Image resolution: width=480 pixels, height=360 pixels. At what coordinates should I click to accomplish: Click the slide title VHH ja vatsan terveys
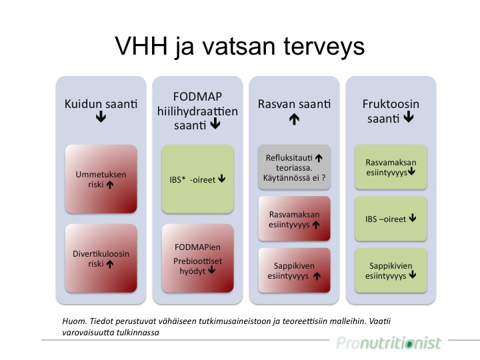pyautogui.click(x=240, y=47)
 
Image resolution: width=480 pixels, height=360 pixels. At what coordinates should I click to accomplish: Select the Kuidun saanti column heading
pyautogui.click(x=101, y=104)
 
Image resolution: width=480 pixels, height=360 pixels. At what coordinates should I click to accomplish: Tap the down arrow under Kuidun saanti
pyautogui.click(x=101, y=117)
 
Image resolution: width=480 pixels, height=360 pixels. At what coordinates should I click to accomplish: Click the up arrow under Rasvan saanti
pyautogui.click(x=294, y=119)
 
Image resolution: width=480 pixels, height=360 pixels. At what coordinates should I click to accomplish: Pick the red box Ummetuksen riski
pyautogui.click(x=101, y=179)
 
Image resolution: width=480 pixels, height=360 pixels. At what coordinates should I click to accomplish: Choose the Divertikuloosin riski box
pyautogui.click(x=101, y=259)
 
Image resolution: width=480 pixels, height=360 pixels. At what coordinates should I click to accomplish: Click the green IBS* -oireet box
pyautogui.click(x=198, y=179)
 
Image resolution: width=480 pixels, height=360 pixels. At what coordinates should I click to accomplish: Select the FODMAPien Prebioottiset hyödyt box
pyautogui.click(x=198, y=259)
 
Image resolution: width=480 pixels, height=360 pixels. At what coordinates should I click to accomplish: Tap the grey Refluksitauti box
pyautogui.click(x=294, y=167)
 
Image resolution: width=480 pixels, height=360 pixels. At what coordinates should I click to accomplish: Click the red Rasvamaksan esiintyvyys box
pyautogui.click(x=294, y=219)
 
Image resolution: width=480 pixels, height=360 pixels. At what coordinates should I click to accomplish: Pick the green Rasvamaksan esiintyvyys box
pyautogui.click(x=391, y=167)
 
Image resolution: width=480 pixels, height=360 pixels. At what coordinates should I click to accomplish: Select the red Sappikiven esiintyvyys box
pyautogui.click(x=294, y=270)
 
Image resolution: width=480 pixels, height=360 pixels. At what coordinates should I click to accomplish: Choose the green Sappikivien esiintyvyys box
pyautogui.click(x=391, y=270)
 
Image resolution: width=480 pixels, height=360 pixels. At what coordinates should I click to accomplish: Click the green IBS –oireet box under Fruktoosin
pyautogui.click(x=391, y=219)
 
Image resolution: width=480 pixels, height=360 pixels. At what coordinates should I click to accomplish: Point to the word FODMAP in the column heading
pyautogui.click(x=197, y=97)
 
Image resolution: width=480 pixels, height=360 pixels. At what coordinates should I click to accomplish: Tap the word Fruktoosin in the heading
pyautogui.click(x=391, y=104)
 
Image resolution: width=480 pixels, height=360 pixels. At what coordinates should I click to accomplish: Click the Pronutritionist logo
pyautogui.click(x=389, y=343)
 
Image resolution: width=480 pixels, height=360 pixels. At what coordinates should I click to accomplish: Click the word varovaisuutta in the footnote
pyautogui.click(x=84, y=333)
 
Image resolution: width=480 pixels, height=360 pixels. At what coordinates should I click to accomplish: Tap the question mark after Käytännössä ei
pyautogui.click(x=323, y=177)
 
